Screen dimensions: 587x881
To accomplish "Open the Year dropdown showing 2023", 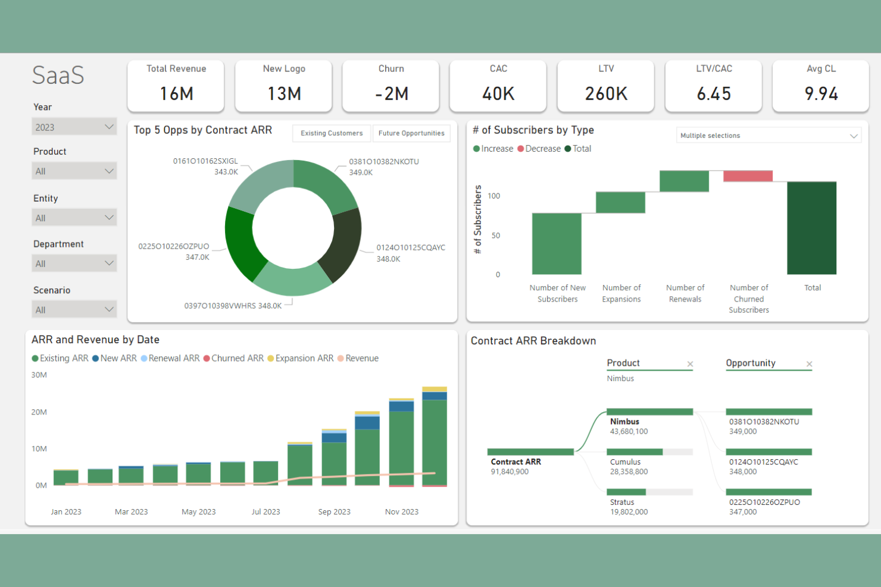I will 74,127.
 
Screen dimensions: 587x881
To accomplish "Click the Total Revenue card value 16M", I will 176,93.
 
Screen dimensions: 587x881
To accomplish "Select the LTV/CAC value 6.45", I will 713,93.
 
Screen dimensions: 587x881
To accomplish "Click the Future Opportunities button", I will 411,133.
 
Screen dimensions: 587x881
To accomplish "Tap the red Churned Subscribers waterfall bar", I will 748,176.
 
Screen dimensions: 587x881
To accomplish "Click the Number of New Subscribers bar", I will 557,244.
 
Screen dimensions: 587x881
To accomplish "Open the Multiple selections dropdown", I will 768,136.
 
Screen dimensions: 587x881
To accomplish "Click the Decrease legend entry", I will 539,149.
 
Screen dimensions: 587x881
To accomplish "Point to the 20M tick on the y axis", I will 39,412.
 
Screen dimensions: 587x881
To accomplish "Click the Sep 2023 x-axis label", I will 334,511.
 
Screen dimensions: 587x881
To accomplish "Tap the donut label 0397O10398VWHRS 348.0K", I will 233,306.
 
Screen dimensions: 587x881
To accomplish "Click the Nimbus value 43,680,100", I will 629,432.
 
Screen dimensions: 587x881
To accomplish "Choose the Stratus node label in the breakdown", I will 622,502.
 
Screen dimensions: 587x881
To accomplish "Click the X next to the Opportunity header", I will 809,364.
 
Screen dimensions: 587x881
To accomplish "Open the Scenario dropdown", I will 74,309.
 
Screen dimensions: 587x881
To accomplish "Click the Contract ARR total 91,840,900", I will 510,472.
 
